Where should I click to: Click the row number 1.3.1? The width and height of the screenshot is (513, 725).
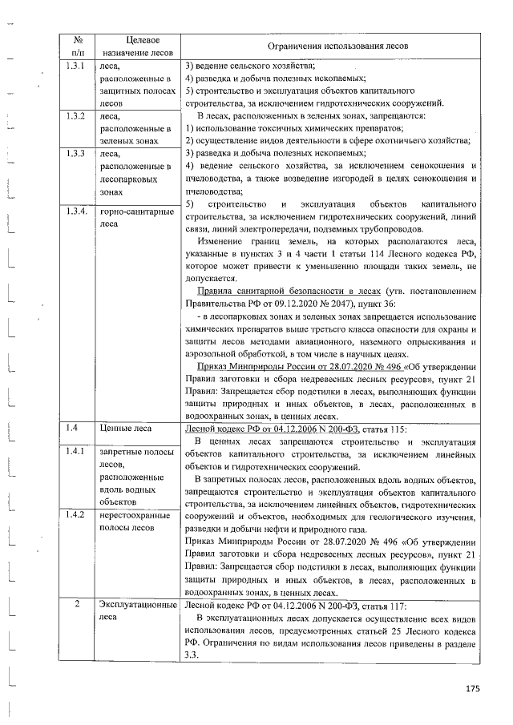click(76, 66)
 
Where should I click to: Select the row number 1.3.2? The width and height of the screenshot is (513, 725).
click(76, 115)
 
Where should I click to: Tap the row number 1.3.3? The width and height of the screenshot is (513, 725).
click(76, 152)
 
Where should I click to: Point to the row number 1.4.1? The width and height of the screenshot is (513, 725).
click(76, 451)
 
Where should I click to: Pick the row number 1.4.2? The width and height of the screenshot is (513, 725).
click(76, 515)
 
